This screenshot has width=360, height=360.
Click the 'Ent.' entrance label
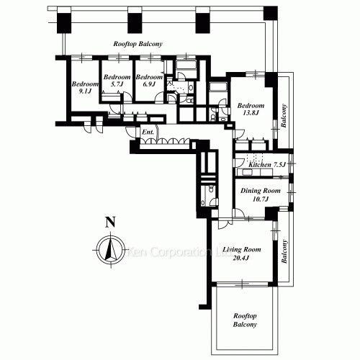(x=148, y=133)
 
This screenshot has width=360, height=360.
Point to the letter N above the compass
(x=109, y=222)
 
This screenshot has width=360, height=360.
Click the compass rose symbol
(x=109, y=249)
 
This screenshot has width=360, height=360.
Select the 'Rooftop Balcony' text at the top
(x=138, y=44)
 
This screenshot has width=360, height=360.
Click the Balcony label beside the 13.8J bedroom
(x=284, y=114)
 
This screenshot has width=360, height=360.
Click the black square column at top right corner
(x=270, y=12)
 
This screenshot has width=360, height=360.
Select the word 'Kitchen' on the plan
(x=259, y=166)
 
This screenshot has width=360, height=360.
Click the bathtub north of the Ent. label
(x=186, y=68)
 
